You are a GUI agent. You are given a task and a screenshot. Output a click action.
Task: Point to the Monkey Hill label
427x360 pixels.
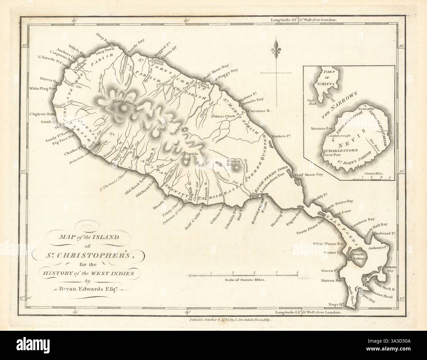(234, 161)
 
